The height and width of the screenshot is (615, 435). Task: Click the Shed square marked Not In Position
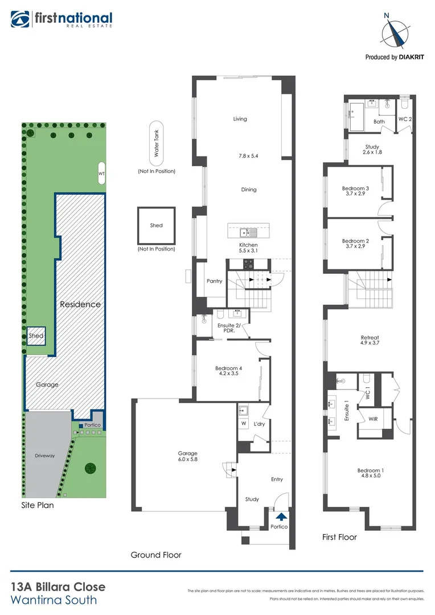(x=156, y=225)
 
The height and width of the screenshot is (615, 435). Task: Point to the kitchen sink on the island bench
(x=248, y=232)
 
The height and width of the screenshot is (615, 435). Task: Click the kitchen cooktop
(x=249, y=264)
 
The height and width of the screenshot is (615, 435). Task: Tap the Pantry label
(x=214, y=281)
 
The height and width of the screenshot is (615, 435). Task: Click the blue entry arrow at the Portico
(x=280, y=516)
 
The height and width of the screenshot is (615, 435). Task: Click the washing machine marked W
(x=244, y=423)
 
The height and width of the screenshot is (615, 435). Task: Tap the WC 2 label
(x=404, y=119)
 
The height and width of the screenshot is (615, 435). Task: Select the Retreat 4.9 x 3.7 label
(x=369, y=340)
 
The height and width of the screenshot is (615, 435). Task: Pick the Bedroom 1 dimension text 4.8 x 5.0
(x=370, y=477)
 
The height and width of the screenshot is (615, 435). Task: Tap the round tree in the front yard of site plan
(x=89, y=468)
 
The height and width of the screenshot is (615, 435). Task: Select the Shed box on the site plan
(x=36, y=336)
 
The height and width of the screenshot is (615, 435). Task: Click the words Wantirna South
(x=54, y=600)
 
